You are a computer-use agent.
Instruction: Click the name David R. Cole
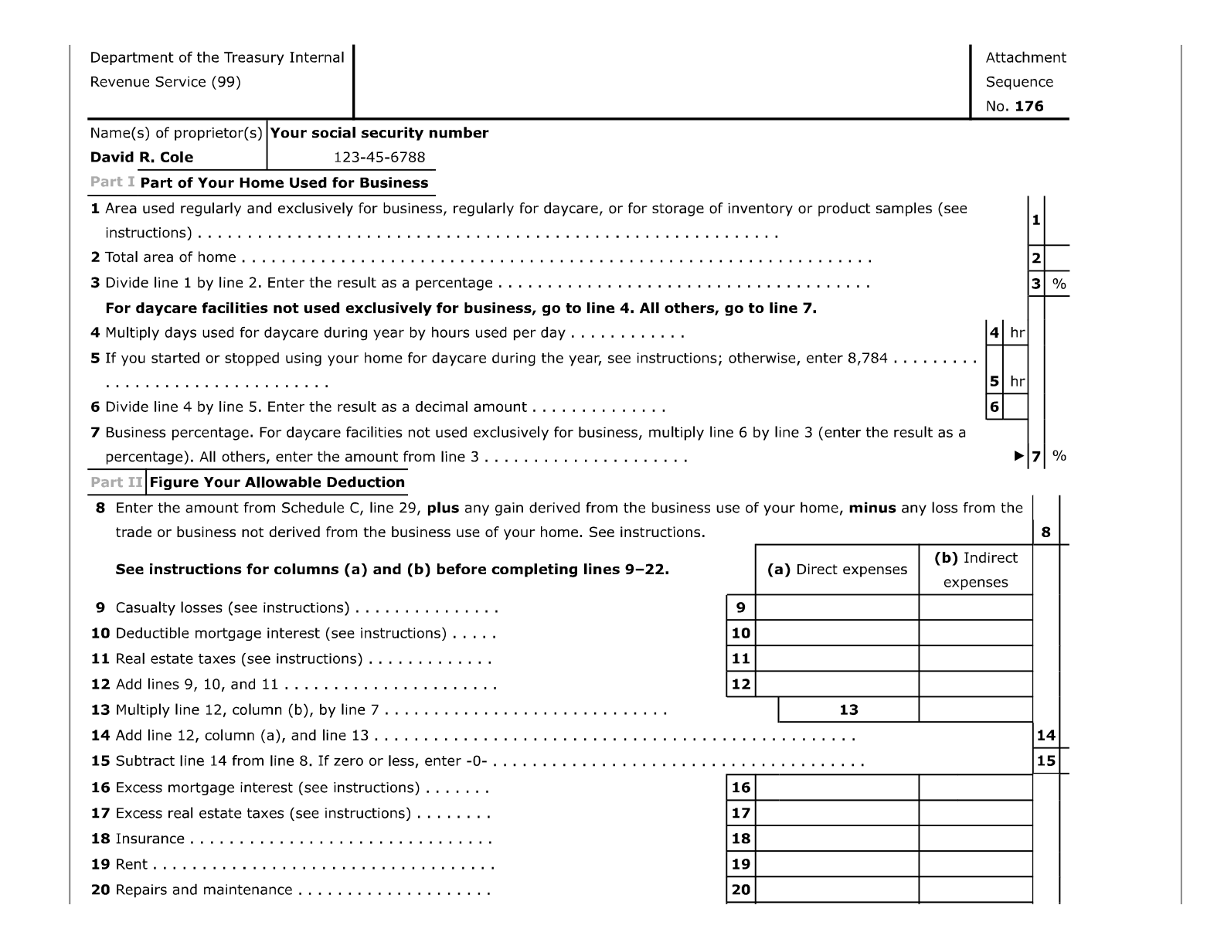(141, 157)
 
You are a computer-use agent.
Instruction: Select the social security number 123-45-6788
(379, 157)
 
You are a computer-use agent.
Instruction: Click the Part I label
(112, 182)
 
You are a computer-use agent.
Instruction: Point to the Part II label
(116, 482)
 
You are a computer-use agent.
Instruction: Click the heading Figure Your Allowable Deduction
(277, 482)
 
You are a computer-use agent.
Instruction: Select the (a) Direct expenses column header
(837, 569)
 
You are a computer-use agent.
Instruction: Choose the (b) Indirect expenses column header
(975, 570)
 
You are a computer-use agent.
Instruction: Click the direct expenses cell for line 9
(837, 607)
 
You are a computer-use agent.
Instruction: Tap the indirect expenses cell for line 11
(975, 658)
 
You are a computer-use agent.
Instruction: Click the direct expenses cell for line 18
(837, 839)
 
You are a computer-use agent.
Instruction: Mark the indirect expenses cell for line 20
(975, 890)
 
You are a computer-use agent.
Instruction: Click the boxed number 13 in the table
(848, 709)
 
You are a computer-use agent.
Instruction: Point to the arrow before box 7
(1019, 456)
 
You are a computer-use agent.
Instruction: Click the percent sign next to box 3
(1059, 284)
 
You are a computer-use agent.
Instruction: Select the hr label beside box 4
(1017, 333)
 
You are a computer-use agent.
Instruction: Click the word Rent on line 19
(131, 864)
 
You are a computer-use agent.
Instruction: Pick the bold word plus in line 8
(443, 508)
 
